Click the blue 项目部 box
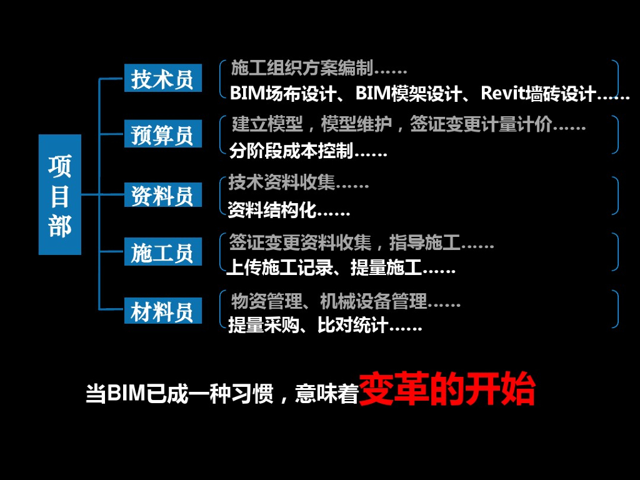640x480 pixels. point(60,194)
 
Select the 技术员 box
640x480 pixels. point(162,78)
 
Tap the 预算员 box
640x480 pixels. point(162,134)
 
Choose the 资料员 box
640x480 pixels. point(162,195)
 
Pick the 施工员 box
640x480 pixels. point(162,252)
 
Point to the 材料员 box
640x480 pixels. point(162,311)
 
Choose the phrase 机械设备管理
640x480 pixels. point(374,302)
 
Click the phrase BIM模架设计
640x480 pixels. point(409,94)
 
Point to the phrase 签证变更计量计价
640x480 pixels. point(481,125)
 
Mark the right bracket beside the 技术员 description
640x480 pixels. point(616,77)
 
